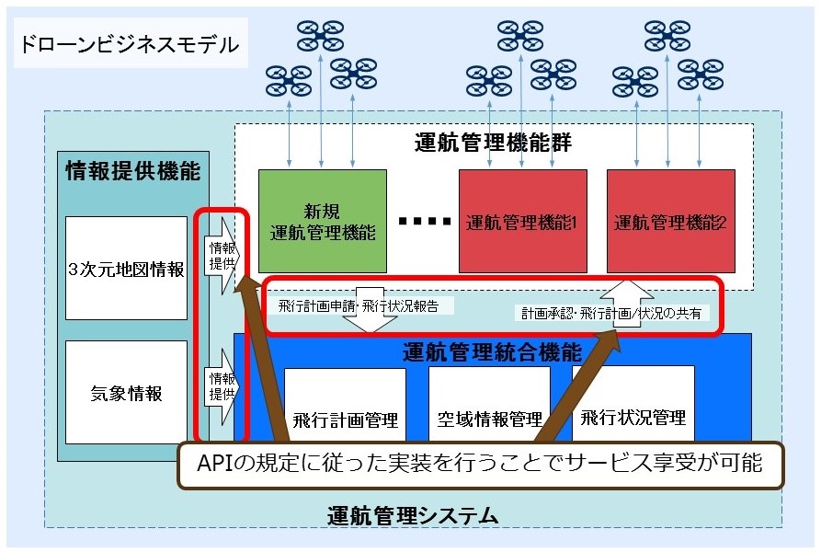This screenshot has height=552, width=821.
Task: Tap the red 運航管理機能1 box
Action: click(521, 221)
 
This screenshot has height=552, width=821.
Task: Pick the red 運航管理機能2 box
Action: click(670, 221)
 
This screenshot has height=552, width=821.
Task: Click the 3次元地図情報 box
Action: click(127, 269)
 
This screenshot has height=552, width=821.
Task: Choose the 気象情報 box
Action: click(127, 393)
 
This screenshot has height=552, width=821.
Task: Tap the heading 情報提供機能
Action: click(132, 171)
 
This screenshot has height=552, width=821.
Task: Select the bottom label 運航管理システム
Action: click(413, 515)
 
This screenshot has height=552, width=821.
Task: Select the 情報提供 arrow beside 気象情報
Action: click(221, 385)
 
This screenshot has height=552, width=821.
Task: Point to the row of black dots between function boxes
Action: click(425, 222)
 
